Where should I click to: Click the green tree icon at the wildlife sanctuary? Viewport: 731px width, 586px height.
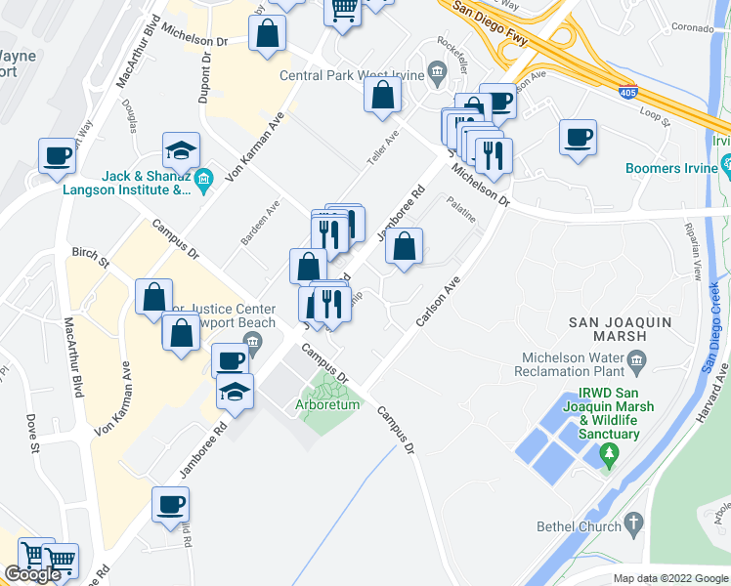pos(611,452)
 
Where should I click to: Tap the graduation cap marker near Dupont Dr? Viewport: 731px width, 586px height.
pos(182,150)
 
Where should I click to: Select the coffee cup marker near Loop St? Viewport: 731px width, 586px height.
pos(578,137)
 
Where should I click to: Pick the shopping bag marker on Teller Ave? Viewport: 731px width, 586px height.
pos(383,96)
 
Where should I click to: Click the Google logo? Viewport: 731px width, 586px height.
pos(33,573)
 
